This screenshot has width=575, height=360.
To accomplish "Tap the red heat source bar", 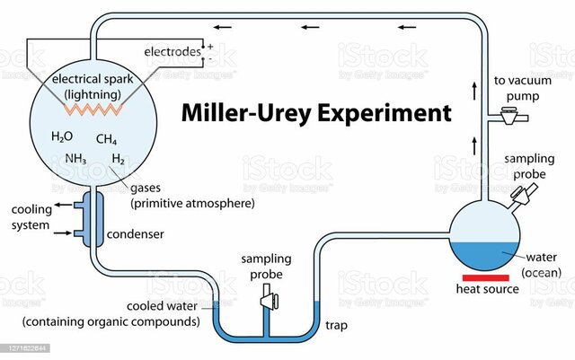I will (x=486, y=276).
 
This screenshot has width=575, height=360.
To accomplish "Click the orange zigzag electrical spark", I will (x=90, y=107).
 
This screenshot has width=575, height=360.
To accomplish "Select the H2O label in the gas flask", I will (x=62, y=137).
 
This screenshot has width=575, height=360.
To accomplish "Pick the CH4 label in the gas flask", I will (x=106, y=139).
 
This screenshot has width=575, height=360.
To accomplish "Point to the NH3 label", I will (x=75, y=159).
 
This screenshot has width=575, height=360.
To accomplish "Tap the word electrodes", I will (x=172, y=52).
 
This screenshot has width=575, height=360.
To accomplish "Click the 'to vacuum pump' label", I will (x=522, y=88).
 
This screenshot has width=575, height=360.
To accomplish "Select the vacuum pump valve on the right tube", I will (x=510, y=114).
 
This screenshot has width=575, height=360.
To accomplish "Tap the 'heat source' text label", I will (x=487, y=289).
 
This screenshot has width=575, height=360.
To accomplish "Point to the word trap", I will (x=336, y=324).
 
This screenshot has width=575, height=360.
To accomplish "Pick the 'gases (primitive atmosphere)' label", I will (x=192, y=197).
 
